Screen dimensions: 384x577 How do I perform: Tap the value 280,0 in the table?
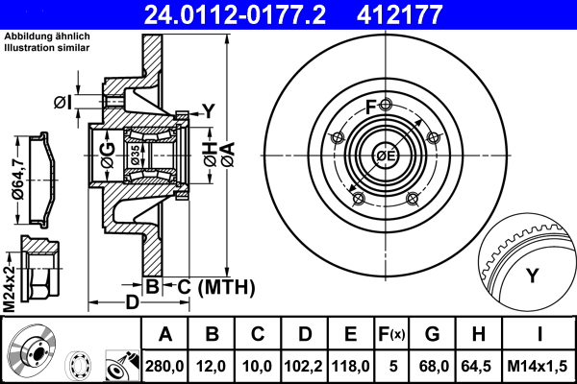tap(165, 365)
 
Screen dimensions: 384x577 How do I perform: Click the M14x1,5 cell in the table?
tap(539, 365)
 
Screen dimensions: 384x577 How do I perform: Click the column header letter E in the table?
tap(350, 335)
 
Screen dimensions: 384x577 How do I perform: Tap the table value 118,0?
tap(350, 365)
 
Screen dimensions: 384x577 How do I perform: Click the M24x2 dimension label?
tap(9, 277)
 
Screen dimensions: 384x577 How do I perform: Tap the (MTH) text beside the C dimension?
tap(224, 286)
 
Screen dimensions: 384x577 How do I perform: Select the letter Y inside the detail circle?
tap(531, 277)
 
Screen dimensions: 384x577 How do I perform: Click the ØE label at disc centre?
tap(386, 156)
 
